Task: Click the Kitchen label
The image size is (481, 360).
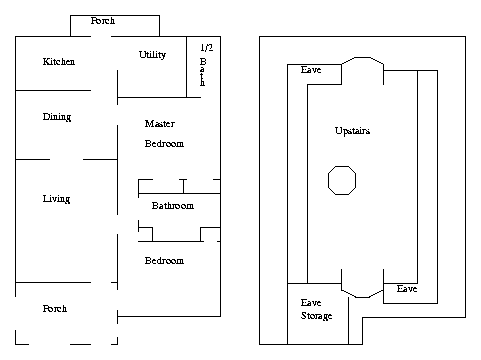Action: tap(59, 62)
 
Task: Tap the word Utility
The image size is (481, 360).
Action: tap(152, 55)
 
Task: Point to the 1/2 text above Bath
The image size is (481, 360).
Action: tap(207, 48)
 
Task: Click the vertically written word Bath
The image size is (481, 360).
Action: tap(203, 72)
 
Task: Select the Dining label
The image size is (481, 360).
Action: tap(57, 117)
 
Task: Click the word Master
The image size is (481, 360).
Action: tap(160, 124)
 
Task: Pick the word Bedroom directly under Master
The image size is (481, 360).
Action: tap(164, 144)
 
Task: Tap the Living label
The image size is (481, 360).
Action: tap(56, 199)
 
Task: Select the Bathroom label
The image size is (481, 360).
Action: tap(173, 206)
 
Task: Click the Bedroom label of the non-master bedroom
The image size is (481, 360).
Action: tap(164, 261)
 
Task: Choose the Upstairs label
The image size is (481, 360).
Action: tap(352, 131)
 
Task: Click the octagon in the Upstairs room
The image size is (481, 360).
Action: tap(342, 180)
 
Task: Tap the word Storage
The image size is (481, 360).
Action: tap(317, 316)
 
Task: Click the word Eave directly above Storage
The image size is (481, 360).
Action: tap(311, 303)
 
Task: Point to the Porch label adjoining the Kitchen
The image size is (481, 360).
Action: tap(103, 21)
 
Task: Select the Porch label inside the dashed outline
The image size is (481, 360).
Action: tap(55, 309)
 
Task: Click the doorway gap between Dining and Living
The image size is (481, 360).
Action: tap(66, 159)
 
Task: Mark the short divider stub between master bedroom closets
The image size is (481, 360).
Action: tap(183, 186)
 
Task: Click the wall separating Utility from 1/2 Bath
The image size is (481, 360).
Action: tap(186, 67)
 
